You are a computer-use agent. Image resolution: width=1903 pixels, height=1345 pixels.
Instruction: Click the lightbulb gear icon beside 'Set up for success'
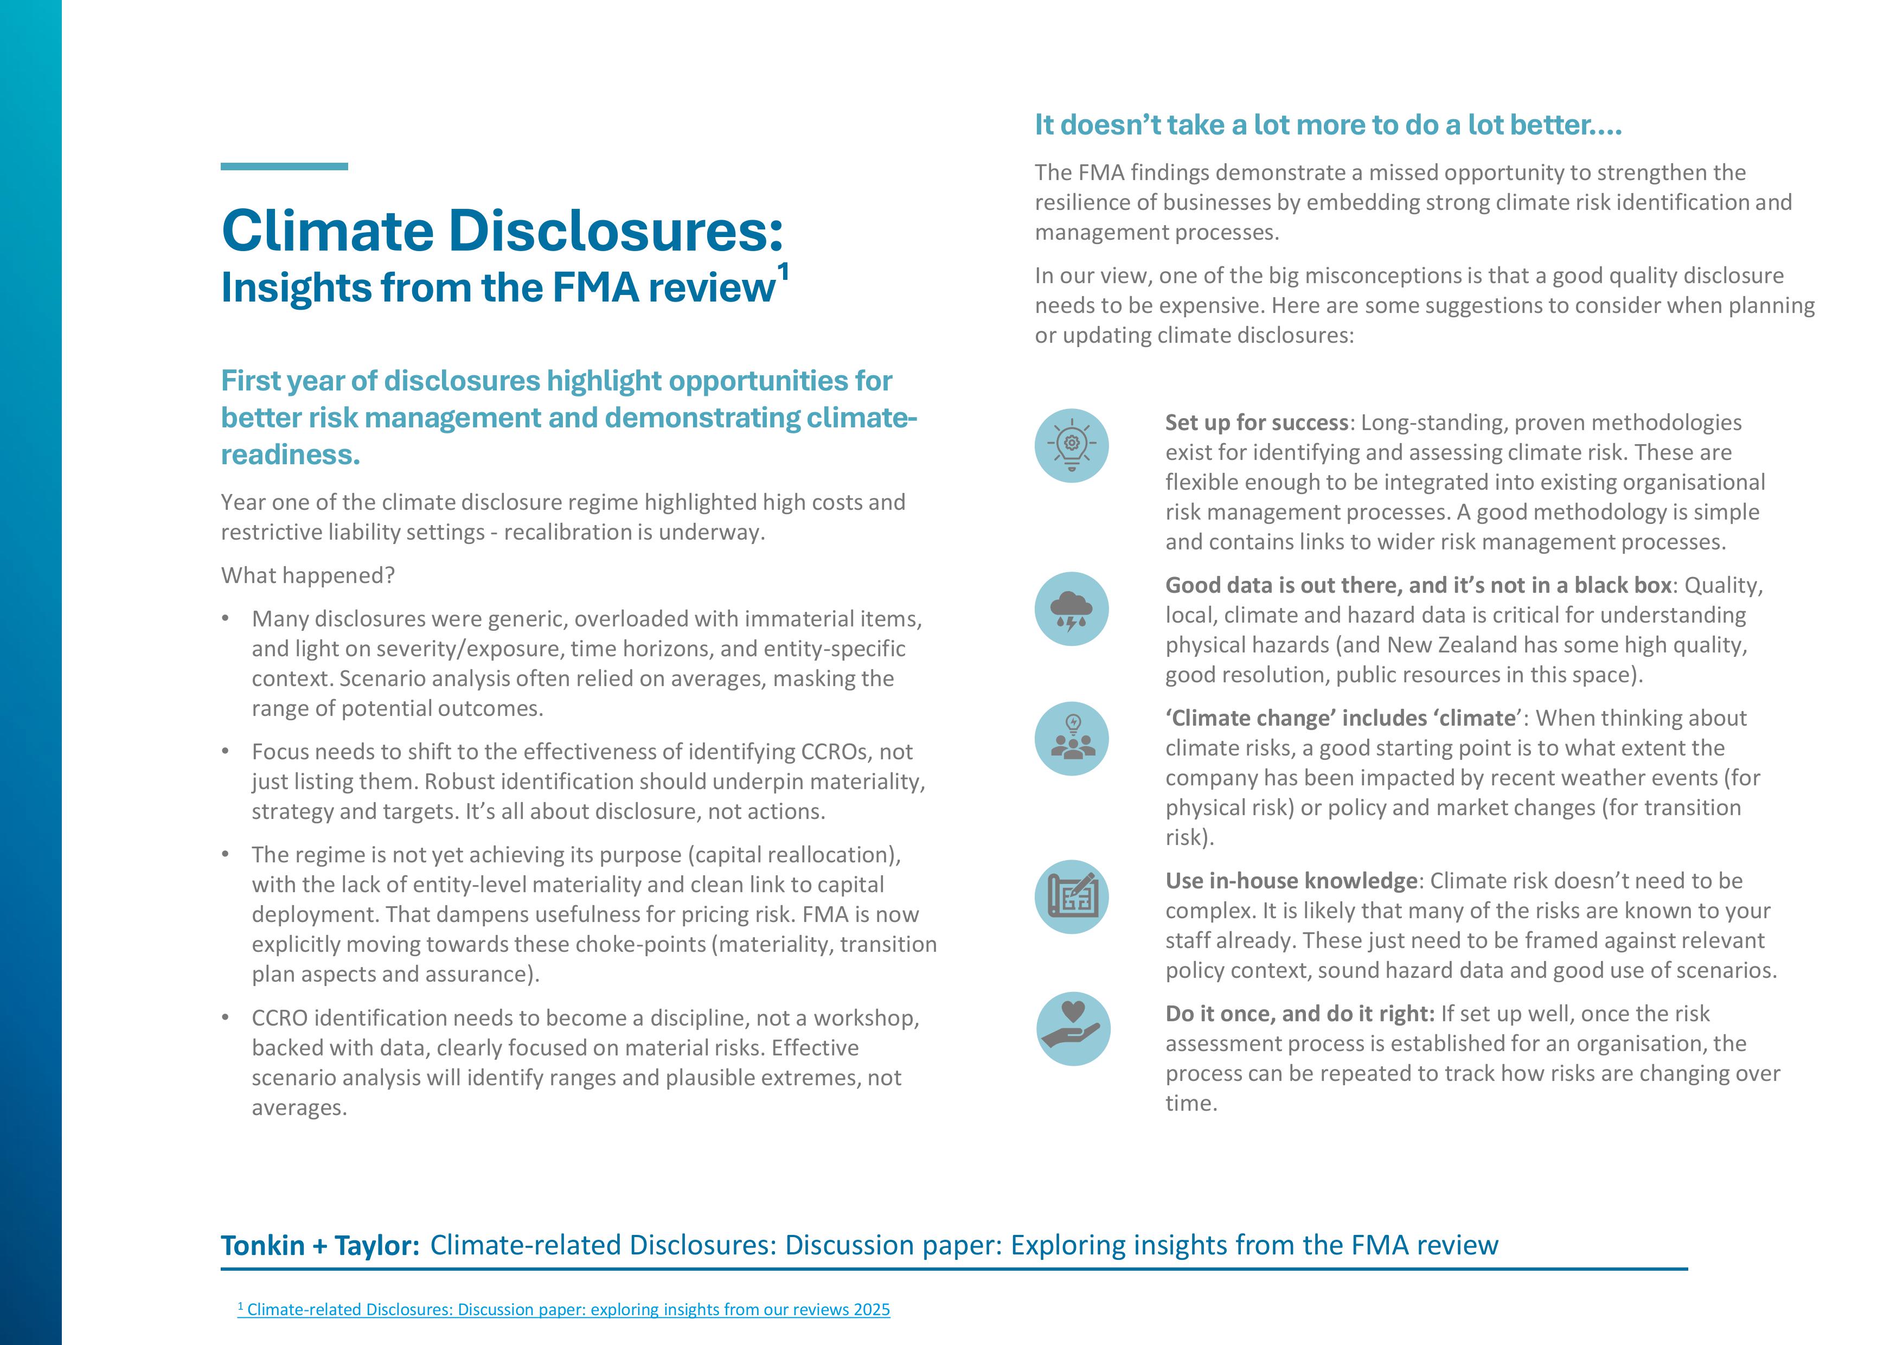coord(1071,446)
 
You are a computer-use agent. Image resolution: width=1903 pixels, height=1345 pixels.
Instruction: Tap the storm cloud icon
coord(1071,609)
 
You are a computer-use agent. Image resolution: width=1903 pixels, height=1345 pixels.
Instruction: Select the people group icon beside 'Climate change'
coord(1071,738)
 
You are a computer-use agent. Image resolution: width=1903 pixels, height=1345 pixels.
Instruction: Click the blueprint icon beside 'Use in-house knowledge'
coord(1071,896)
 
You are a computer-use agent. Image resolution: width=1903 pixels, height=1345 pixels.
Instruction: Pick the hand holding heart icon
coord(1073,1028)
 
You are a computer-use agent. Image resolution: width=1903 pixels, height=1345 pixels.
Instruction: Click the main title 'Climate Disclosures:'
coord(502,230)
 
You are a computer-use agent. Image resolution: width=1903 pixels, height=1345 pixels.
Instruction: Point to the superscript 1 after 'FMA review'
coord(783,272)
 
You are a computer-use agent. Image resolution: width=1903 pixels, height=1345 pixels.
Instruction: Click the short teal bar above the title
coord(284,166)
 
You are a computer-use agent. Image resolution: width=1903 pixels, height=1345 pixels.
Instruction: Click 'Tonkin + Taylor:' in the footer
coord(320,1246)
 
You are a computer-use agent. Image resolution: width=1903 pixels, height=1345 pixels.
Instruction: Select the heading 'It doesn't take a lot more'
coord(1328,125)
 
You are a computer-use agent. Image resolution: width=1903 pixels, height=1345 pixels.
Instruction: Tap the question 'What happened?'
coord(307,575)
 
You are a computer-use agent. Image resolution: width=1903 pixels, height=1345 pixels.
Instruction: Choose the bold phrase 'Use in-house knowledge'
coord(1291,880)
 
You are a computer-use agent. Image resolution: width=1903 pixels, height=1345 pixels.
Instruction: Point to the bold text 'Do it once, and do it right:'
coord(1299,1014)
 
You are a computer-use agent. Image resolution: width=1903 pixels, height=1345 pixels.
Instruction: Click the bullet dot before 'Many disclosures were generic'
coord(226,619)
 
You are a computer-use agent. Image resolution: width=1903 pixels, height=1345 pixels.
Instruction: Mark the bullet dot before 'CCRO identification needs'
coord(226,1017)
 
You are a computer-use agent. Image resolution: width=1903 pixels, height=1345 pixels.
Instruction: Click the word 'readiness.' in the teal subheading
coord(290,455)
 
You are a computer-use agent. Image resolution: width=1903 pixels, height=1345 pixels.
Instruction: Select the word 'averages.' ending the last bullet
coord(299,1108)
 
